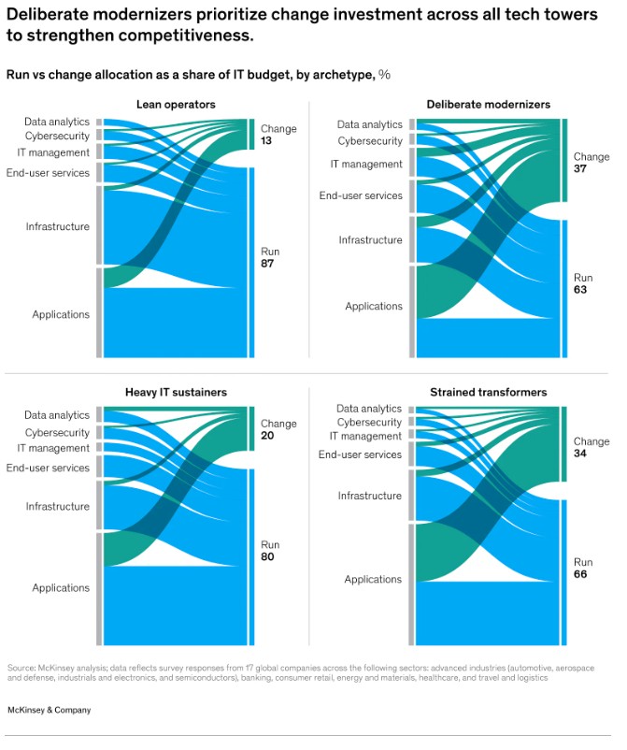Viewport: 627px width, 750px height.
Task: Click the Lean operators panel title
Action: click(176, 104)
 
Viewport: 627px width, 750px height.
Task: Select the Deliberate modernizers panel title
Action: click(489, 104)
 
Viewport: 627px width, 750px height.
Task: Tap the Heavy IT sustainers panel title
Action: click(176, 391)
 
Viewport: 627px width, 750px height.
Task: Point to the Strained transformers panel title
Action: click(488, 391)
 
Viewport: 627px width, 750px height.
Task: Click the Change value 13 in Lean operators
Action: click(266, 141)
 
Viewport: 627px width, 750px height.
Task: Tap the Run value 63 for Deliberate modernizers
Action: click(582, 291)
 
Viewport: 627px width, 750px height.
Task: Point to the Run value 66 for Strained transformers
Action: click(582, 575)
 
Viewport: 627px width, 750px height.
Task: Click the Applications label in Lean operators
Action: click(61, 314)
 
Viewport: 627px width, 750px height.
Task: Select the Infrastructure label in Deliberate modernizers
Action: click(370, 240)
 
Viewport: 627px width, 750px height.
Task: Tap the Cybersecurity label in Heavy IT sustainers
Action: click(57, 433)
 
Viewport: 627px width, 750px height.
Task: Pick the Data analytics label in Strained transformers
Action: click(368, 409)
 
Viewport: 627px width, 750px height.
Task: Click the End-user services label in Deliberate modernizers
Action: click(361, 195)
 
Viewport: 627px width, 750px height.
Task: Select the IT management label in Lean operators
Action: click(53, 152)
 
